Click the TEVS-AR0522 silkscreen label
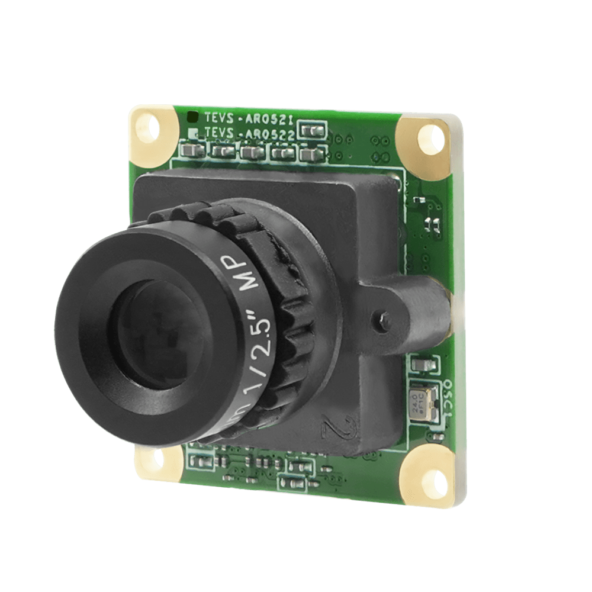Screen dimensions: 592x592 point(249,134)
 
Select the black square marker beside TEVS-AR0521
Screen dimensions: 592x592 point(192,117)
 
